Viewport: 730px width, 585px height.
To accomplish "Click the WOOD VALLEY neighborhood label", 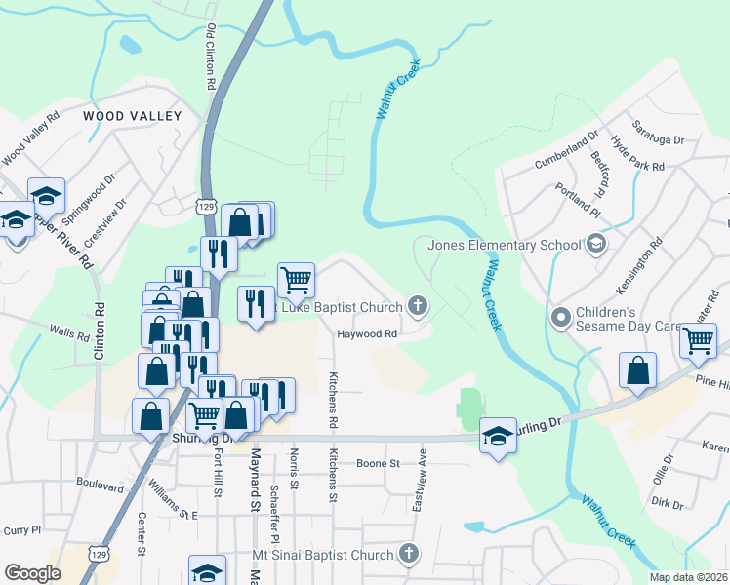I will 132,116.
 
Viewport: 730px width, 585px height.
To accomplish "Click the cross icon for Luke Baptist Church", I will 418,308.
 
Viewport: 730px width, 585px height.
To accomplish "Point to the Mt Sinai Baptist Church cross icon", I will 409,554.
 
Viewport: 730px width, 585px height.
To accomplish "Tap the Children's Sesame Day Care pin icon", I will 561,317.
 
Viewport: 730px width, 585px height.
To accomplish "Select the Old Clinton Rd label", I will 210,58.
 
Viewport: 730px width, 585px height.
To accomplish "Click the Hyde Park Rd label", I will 637,154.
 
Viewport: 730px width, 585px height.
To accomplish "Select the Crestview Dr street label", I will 105,224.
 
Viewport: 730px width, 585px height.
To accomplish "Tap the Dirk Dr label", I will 668,504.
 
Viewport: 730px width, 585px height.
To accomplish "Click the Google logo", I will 32,573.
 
